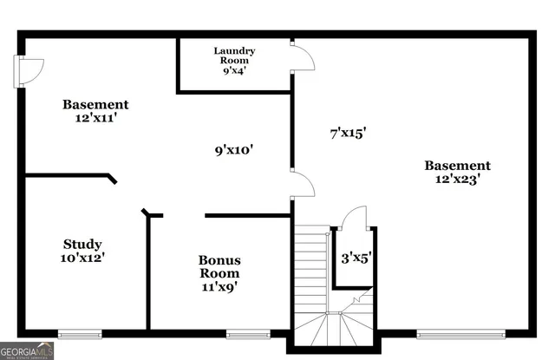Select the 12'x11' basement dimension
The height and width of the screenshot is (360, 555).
[95, 119]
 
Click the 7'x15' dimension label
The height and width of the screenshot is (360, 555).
[348, 133]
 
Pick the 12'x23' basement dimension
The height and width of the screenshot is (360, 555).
[457, 180]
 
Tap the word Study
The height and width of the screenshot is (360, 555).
[82, 244]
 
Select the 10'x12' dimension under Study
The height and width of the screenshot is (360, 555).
[82, 258]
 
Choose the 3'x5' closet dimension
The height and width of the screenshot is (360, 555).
[354, 257]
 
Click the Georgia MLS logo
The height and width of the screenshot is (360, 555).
[28, 350]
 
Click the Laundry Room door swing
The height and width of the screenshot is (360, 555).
[301, 56]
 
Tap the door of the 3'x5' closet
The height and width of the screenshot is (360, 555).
[354, 218]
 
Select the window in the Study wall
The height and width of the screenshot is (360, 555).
[80, 333]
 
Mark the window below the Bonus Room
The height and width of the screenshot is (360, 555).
[248, 333]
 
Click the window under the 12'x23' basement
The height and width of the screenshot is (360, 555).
[460, 333]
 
